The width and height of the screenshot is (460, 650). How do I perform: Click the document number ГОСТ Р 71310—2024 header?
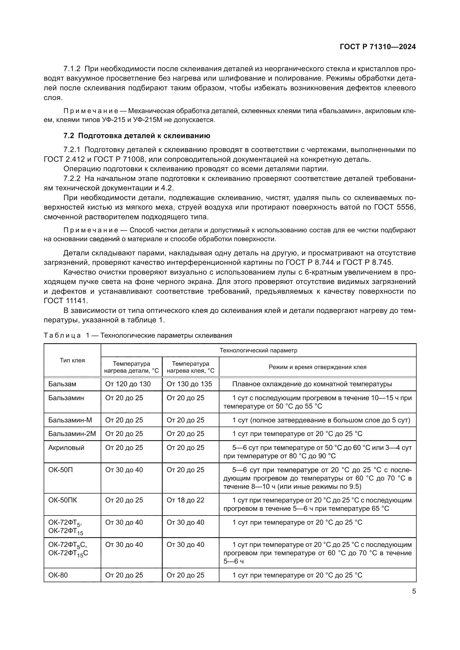tap(378, 47)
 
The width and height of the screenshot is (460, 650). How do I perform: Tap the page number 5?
tap(414, 591)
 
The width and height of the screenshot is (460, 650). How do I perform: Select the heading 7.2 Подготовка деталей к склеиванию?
tap(137, 136)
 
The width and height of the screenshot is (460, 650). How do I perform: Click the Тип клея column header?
tap(72, 360)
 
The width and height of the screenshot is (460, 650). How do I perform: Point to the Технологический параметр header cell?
tap(258, 350)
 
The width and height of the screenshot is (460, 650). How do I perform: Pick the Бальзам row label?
tap(62, 384)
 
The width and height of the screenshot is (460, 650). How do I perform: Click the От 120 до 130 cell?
tap(128, 384)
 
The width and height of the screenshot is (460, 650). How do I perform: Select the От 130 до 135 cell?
tap(189, 384)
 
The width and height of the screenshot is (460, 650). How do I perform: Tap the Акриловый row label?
tap(66, 448)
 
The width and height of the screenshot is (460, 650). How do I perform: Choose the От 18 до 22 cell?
tap(185, 500)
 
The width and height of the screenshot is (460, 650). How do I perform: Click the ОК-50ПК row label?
tap(63, 500)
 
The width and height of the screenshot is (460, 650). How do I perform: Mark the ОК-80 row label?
tap(58, 575)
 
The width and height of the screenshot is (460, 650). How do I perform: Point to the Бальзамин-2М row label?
tap(72, 434)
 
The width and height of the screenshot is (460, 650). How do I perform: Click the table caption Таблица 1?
tap(138, 335)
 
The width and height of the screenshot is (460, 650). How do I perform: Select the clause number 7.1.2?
tap(72, 69)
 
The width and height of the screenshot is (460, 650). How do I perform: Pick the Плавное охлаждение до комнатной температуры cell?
tap(312, 384)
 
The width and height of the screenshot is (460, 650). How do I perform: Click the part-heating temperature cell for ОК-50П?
tap(124, 470)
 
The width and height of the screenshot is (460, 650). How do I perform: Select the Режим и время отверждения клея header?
tap(317, 367)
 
